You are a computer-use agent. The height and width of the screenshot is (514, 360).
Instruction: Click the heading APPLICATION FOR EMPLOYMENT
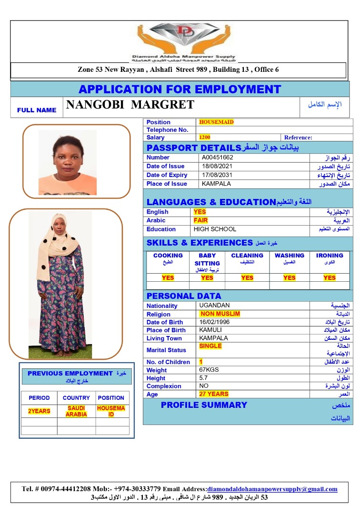pyautogui.click(x=180, y=89)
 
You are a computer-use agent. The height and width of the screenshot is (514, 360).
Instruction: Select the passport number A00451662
pyautogui.click(x=217, y=158)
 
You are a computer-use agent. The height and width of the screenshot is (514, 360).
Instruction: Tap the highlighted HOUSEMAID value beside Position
pyautogui.click(x=216, y=122)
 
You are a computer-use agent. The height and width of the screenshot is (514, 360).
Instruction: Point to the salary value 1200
pyautogui.click(x=205, y=138)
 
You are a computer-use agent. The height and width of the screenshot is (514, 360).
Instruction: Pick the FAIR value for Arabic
pyautogui.click(x=200, y=220)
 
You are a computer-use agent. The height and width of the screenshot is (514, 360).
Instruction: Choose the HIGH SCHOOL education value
pyautogui.click(x=215, y=229)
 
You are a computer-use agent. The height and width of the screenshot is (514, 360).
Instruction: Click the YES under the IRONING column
pyautogui.click(x=330, y=277)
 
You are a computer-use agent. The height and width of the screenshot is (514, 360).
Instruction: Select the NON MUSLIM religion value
pyautogui.click(x=220, y=314)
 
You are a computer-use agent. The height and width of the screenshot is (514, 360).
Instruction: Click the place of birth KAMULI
pyautogui.click(x=210, y=330)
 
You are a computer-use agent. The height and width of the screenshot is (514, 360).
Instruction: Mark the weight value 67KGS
pyautogui.click(x=209, y=370)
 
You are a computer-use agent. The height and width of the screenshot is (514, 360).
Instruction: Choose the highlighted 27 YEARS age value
pyautogui.click(x=214, y=394)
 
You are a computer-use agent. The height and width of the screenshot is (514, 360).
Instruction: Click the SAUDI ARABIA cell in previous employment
pyautogui.click(x=76, y=411)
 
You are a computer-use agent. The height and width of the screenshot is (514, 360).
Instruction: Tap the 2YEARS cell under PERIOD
pyautogui.click(x=39, y=411)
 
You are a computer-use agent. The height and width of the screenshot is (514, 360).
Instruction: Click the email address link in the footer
pyautogui.click(x=272, y=489)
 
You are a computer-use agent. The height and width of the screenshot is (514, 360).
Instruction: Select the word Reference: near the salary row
pyautogui.click(x=298, y=138)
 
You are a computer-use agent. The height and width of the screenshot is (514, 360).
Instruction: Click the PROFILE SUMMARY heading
pyautogui.click(x=204, y=405)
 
